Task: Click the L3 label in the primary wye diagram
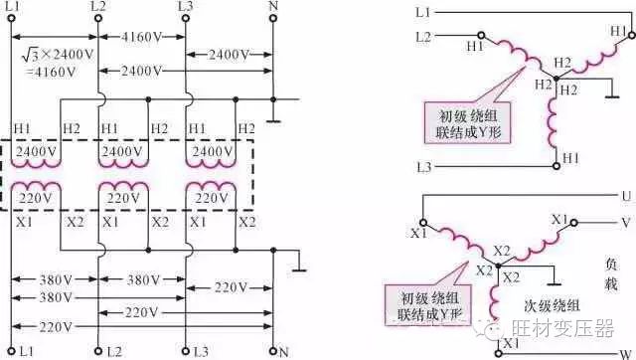pyautogui.click(x=424, y=165)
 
